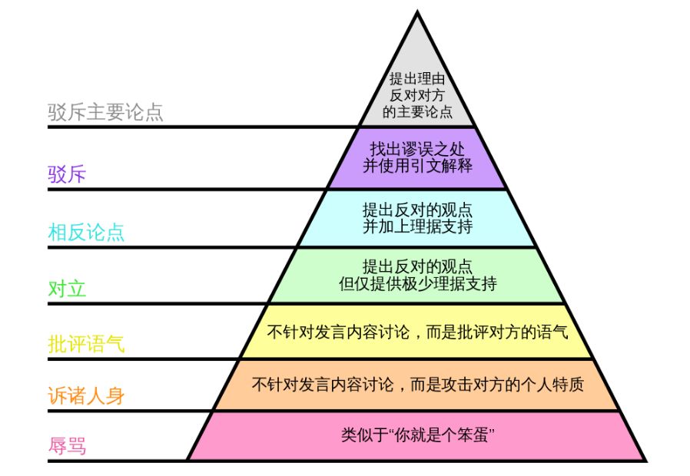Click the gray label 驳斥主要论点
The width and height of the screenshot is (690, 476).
(105, 113)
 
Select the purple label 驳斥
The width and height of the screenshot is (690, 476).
(67, 174)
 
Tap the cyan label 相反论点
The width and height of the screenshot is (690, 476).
(86, 233)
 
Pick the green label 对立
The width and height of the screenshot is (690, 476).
(67, 289)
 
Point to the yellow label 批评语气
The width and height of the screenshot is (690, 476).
(86, 344)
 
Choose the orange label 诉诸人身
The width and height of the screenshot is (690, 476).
(86, 396)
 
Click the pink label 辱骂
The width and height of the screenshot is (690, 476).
(67, 446)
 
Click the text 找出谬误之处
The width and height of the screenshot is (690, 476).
(417, 148)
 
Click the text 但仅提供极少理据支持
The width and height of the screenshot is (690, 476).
(417, 284)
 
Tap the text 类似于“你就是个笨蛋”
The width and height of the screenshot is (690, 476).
(417, 435)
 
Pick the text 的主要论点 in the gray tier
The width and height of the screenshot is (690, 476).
(417, 112)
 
